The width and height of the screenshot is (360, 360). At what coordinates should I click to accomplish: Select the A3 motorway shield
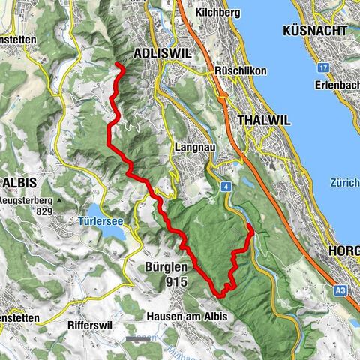click(339, 286)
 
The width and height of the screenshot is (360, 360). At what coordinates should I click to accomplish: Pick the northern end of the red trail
click(118, 66)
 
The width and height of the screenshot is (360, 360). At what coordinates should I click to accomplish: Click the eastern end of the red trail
click(248, 226)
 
